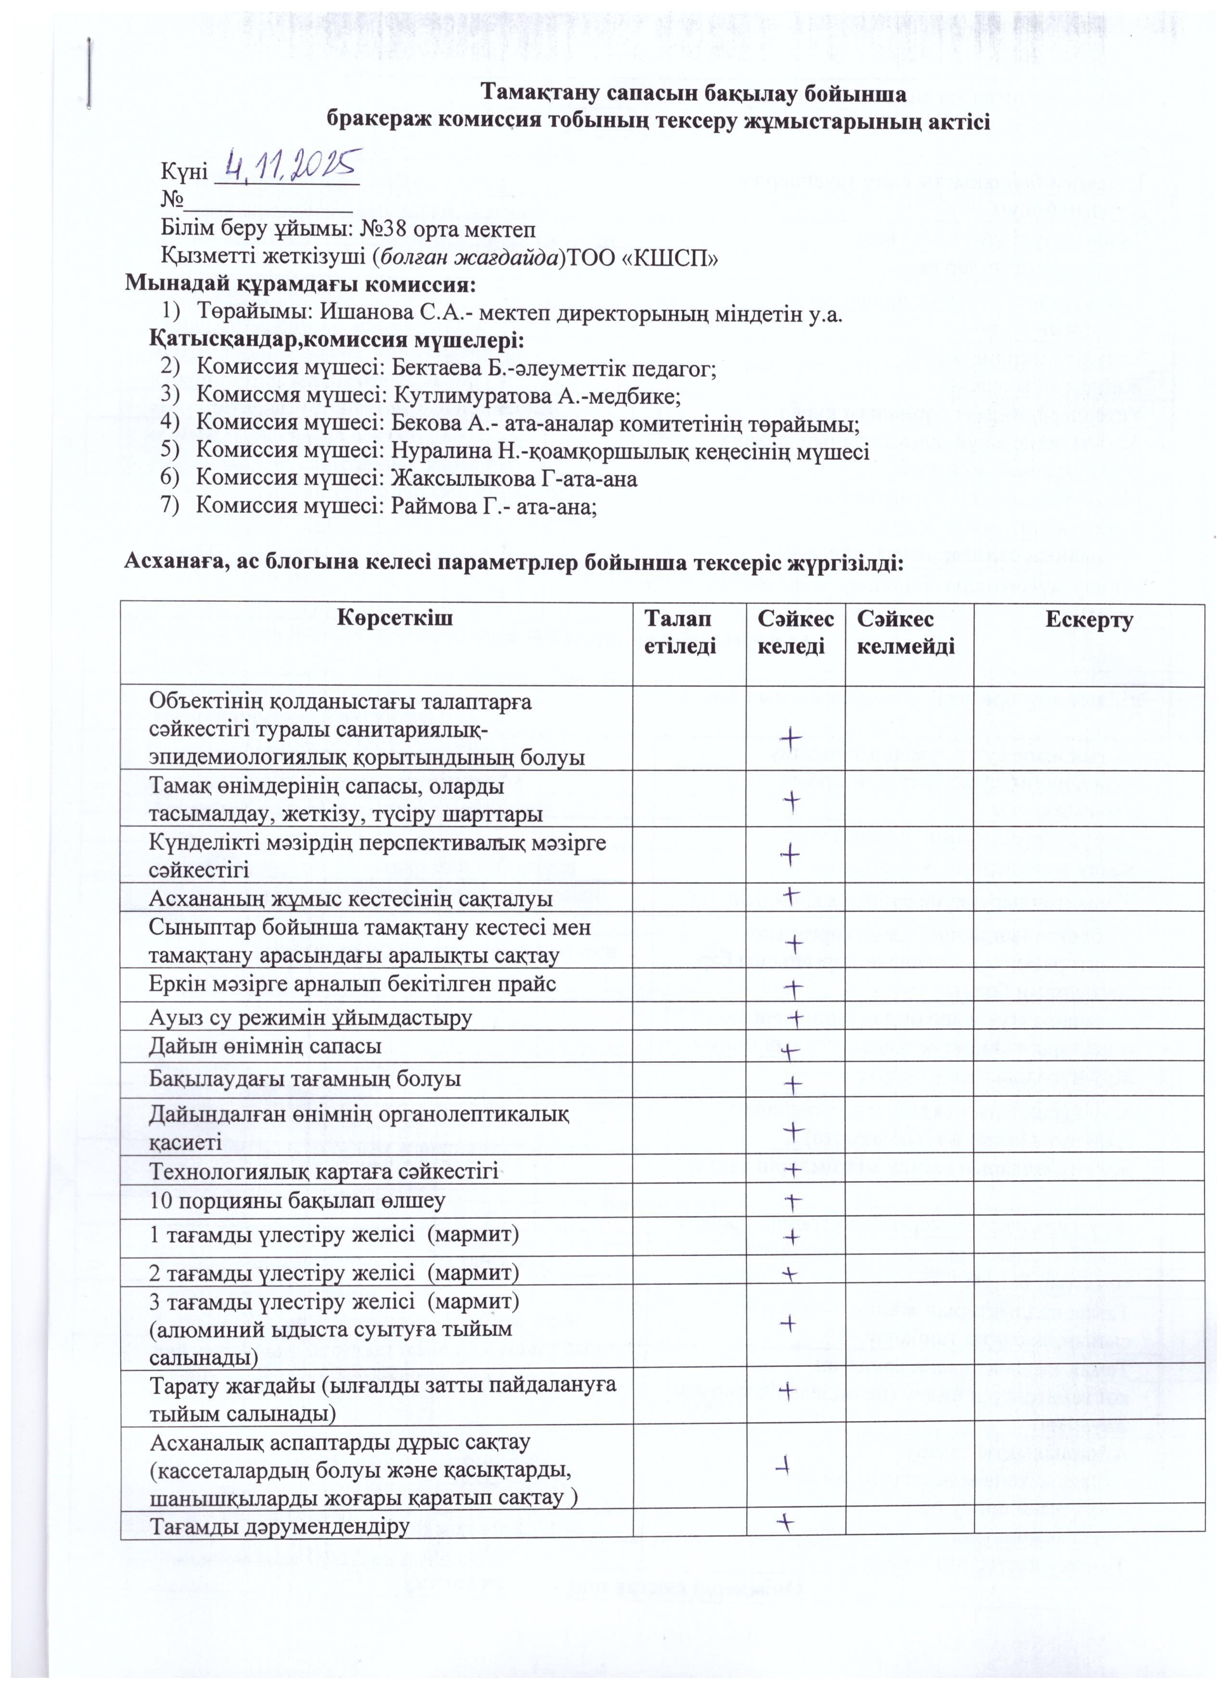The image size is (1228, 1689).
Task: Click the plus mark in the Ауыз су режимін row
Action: tap(796, 1017)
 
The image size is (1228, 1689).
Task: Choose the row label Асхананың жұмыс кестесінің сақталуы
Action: tap(351, 898)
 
